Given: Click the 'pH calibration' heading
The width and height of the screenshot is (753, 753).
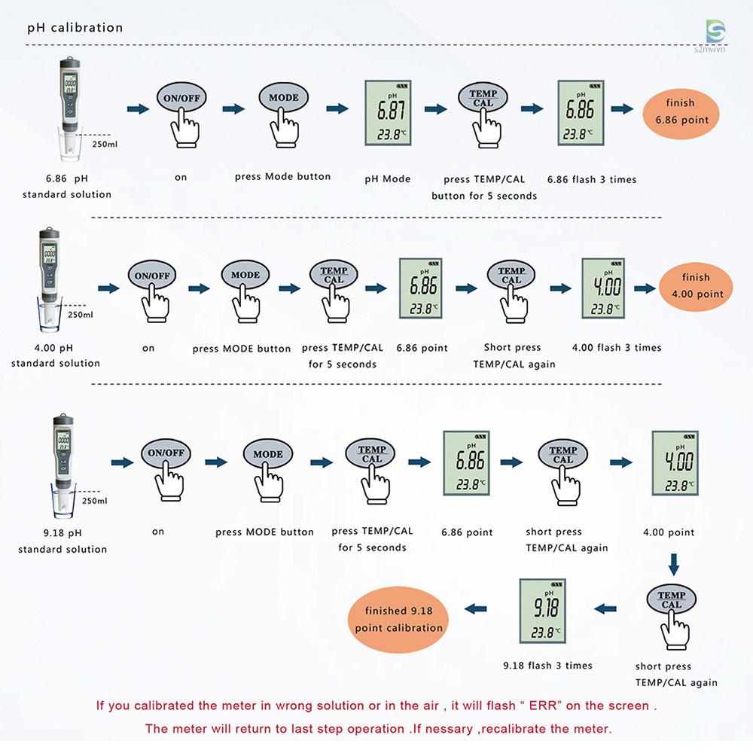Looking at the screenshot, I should (75, 28).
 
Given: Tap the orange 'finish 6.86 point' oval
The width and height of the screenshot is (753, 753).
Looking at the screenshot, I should (681, 111).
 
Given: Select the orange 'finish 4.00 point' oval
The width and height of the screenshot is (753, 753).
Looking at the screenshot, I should (696, 285).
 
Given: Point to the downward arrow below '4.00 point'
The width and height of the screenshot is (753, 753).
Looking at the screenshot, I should (675, 563).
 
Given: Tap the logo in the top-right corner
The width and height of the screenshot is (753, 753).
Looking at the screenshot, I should (715, 32).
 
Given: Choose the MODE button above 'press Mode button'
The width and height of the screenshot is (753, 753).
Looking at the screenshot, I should (284, 98).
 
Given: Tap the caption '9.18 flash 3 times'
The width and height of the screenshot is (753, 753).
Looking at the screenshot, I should (547, 666).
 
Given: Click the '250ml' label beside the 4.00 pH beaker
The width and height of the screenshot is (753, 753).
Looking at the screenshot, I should (81, 316).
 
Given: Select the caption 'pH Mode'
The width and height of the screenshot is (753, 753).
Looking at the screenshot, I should (388, 179).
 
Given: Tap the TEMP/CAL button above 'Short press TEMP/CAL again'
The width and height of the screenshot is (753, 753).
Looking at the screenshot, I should (511, 275).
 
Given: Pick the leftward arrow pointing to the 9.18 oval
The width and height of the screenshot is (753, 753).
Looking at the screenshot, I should (477, 608).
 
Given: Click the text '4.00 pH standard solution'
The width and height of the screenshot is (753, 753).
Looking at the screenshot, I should (56, 355).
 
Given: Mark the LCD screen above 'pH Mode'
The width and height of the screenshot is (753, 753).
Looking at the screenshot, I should (388, 113).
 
